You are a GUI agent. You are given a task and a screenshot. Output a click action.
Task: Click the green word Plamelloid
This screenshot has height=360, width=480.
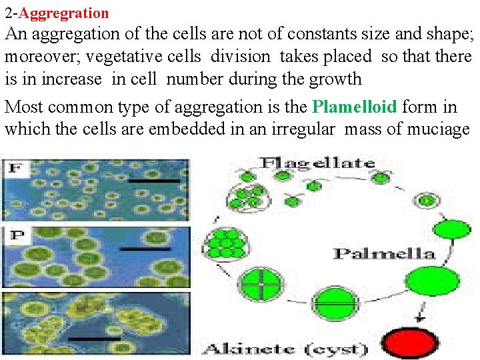[x=354, y=107]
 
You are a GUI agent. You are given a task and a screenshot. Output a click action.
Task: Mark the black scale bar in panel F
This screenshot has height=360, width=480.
[x=154, y=181]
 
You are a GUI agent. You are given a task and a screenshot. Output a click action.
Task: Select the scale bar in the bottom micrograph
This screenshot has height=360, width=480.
[x=94, y=338]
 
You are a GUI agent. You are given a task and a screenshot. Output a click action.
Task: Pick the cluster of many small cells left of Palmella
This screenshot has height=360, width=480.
[x=226, y=243]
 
